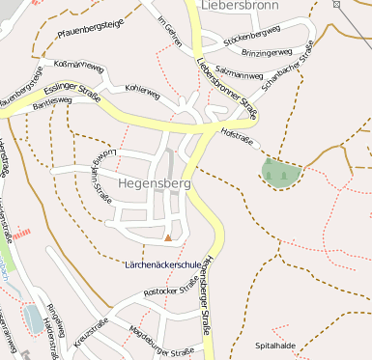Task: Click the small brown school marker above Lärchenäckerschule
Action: tap(168, 237)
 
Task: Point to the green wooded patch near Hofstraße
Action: tap(279, 174)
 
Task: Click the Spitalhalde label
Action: tap(273, 345)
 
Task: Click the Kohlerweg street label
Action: tap(141, 93)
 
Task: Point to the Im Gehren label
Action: tap(170, 35)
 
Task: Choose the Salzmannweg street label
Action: tap(242, 72)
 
